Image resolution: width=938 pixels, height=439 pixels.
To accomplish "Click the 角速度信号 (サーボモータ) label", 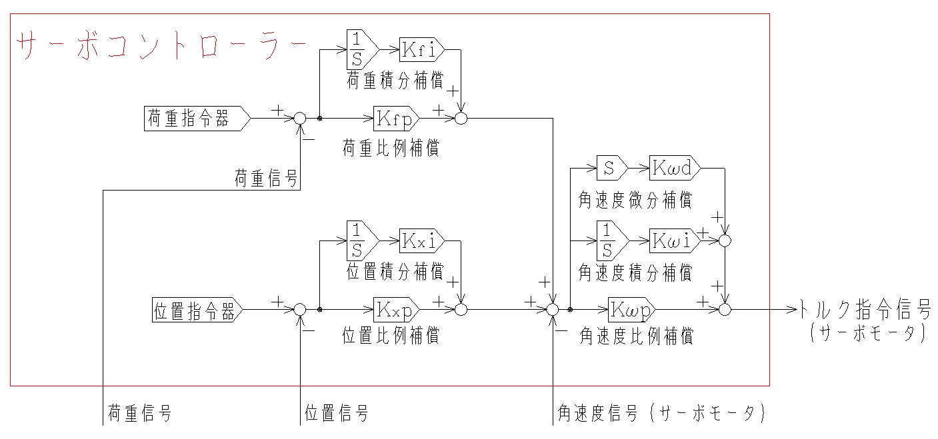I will [x=660, y=414].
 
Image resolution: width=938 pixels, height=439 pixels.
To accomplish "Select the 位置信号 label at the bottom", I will [x=337, y=414].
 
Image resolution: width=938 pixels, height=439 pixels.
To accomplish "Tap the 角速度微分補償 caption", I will [x=635, y=199].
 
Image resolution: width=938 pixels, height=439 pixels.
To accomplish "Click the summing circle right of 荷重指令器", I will [x=300, y=119].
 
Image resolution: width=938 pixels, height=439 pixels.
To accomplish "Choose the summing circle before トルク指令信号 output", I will [x=727, y=310].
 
